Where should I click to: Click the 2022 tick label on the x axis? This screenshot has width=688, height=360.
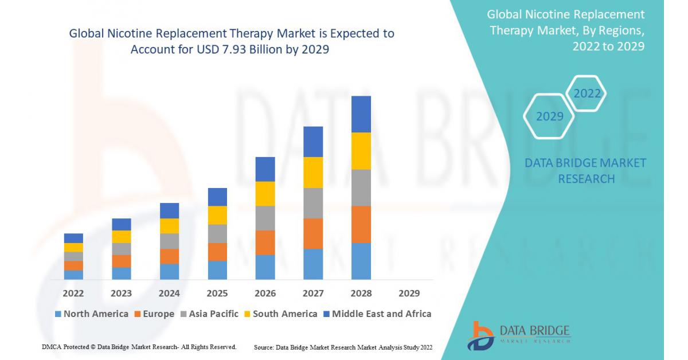(x=73, y=293)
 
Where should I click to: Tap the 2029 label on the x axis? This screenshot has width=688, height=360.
(x=409, y=293)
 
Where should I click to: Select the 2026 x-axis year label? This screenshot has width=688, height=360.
(x=265, y=293)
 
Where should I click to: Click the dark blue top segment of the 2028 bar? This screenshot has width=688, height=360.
(x=361, y=114)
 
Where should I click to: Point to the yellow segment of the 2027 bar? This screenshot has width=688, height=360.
(x=313, y=173)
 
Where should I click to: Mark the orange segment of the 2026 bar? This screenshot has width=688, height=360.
(x=265, y=242)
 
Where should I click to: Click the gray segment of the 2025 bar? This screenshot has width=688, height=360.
(x=217, y=233)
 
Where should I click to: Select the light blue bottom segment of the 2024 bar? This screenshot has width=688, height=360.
(x=169, y=272)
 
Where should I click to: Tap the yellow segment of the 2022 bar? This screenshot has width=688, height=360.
(x=73, y=248)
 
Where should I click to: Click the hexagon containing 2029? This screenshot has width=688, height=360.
(x=550, y=116)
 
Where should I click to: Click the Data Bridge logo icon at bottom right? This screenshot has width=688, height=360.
(x=480, y=335)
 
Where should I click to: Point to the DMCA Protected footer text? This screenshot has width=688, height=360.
(x=139, y=347)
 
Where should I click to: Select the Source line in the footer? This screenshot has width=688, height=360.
(x=343, y=347)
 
